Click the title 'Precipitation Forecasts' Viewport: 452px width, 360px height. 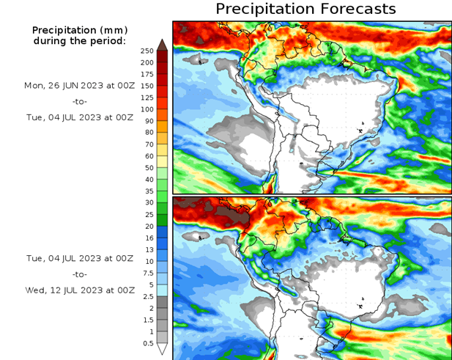point(305,9)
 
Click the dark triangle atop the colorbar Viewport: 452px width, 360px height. point(162,44)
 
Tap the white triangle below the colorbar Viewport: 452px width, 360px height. point(162,350)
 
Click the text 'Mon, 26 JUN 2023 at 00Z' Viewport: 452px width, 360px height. point(79,85)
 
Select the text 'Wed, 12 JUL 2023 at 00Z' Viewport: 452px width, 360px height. point(79,290)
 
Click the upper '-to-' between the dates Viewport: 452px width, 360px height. point(79,101)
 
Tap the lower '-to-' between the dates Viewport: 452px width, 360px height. point(79,274)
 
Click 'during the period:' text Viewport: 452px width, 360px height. point(79,40)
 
